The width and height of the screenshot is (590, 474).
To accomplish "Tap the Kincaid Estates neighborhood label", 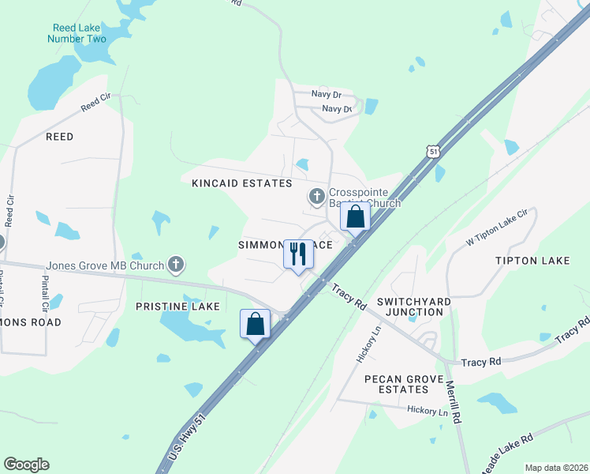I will tap(241, 183).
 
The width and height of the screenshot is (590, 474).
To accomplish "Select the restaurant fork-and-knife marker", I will tap(297, 254).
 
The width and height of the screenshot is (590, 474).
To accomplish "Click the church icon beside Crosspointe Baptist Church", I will tap(316, 194).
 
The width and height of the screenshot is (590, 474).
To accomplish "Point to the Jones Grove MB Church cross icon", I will tap(175, 264).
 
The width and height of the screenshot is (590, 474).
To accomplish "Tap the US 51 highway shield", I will tap(431, 150).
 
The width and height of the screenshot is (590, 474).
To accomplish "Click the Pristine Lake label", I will tap(177, 306).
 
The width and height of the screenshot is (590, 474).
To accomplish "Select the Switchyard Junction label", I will tap(409, 307).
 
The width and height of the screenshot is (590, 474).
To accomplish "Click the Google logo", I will tap(26, 465).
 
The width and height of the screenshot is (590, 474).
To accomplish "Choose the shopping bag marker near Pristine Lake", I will tap(256, 323).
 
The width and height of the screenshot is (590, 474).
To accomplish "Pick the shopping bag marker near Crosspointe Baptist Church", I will tap(355, 216).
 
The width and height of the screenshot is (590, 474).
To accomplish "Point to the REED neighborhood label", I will tap(59, 137).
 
